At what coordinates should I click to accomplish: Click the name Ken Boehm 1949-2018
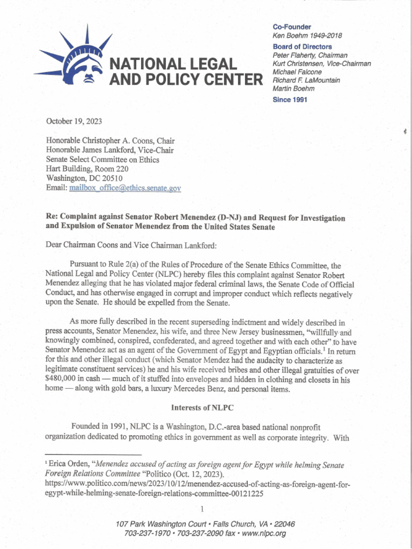pos(307,36)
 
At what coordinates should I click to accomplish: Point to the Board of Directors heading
pos(302,47)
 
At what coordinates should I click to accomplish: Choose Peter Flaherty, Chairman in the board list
pos(310,55)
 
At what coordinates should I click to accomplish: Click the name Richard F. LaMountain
pos(306,80)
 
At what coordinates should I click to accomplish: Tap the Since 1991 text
pos(290,99)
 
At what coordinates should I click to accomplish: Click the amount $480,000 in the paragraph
pos(63,380)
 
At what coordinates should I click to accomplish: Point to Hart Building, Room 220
pos(87,169)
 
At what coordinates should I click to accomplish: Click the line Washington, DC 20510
pos(85,179)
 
